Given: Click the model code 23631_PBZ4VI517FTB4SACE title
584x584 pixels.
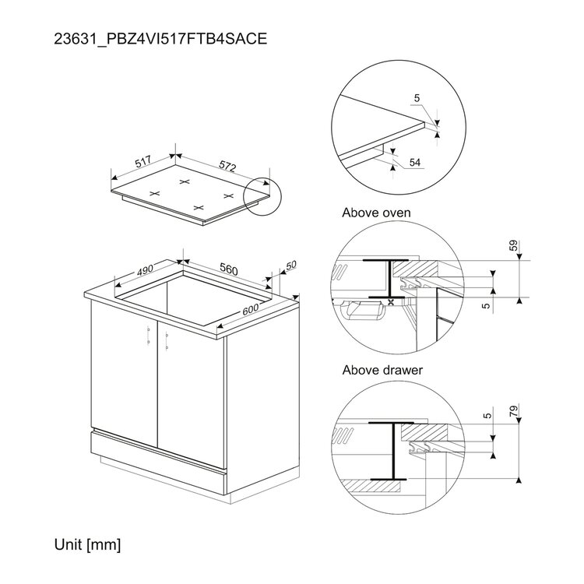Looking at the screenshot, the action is [160, 39].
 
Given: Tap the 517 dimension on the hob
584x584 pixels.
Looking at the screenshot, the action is [143, 162].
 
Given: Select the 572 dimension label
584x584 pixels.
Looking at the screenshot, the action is [227, 165].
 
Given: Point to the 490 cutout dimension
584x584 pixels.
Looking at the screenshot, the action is [145, 269].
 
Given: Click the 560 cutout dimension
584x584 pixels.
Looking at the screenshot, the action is [228, 269].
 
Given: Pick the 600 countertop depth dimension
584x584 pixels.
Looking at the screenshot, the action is [250, 309].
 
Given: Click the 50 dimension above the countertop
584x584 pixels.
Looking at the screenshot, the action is [291, 265].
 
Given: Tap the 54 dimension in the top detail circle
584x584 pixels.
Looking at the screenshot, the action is [414, 163].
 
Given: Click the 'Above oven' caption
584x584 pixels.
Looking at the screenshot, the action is [376, 213].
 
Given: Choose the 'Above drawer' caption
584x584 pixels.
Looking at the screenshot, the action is [382, 370].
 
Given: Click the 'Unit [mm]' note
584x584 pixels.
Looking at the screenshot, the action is [87, 545].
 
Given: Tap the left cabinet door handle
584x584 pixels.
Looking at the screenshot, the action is [148, 335].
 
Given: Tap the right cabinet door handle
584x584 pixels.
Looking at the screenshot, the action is [167, 340].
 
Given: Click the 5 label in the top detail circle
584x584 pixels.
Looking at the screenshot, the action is [417, 98].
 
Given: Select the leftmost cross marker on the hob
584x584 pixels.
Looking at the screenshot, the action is [155, 193].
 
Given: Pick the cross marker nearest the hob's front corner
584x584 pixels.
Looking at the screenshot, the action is [199, 207].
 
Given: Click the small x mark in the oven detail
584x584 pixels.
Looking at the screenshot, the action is [391, 302].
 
